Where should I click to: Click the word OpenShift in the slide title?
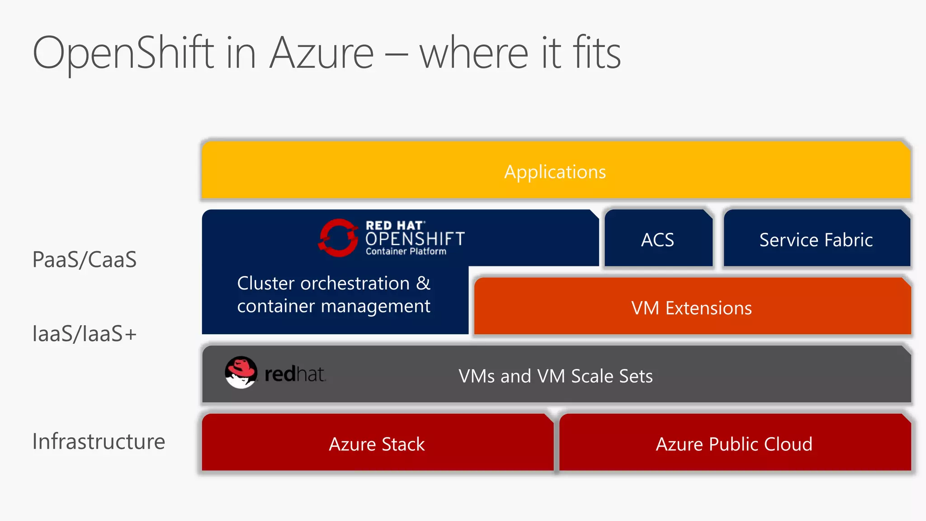tap(123, 53)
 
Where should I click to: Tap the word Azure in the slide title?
tap(321, 53)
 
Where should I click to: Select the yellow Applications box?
tap(555, 171)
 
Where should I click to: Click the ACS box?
tap(658, 239)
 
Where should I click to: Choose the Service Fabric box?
tap(816, 239)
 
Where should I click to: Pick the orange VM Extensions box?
tap(692, 308)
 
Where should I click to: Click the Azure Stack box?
tap(377, 444)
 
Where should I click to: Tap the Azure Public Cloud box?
tap(734, 444)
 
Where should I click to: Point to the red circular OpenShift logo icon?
tap(338, 237)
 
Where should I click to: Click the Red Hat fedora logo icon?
tap(241, 372)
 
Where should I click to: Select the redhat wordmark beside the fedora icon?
tap(295, 374)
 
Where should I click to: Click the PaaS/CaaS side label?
tap(85, 260)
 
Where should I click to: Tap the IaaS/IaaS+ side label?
tap(85, 334)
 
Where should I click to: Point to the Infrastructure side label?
tap(99, 441)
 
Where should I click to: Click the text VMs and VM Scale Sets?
tap(556, 376)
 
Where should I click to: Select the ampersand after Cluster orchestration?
tap(423, 284)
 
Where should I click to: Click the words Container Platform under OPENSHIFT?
tap(406, 251)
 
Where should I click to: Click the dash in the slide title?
tap(396, 56)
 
